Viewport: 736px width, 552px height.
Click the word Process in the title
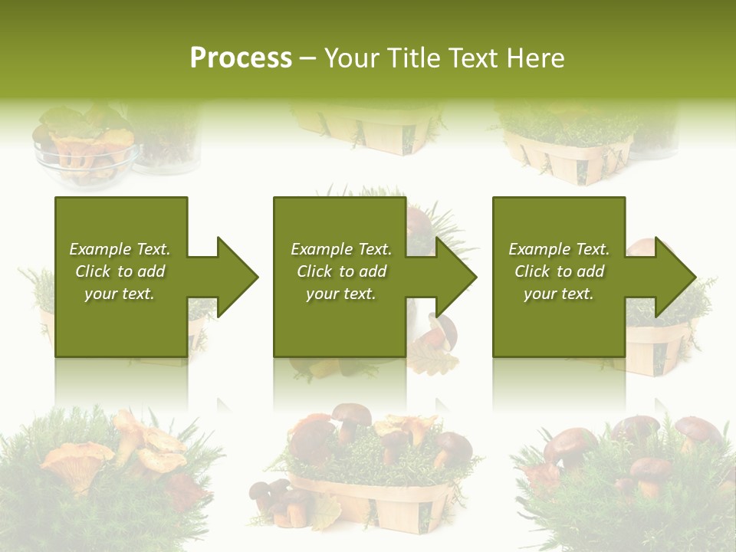coord(241,58)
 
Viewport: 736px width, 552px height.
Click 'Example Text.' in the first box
coord(120,249)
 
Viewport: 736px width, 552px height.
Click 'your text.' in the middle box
coord(340,294)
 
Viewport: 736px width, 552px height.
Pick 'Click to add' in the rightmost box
coord(559,271)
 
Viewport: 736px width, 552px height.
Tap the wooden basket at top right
coord(567,157)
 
